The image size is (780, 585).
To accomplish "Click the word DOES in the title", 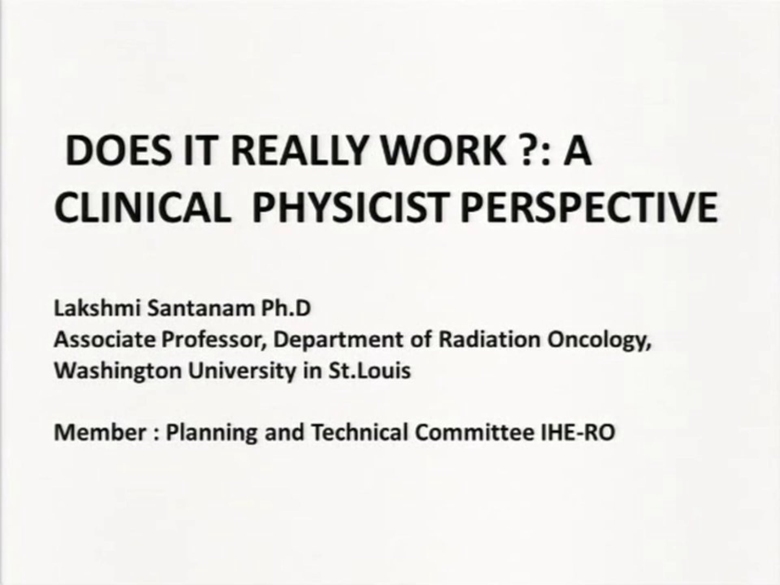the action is coord(117,150).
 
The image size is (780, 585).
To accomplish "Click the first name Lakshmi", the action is coord(98,308).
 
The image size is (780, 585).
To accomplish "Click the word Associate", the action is coord(104,340).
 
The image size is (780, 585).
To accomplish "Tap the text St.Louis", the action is coord(370,370).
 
